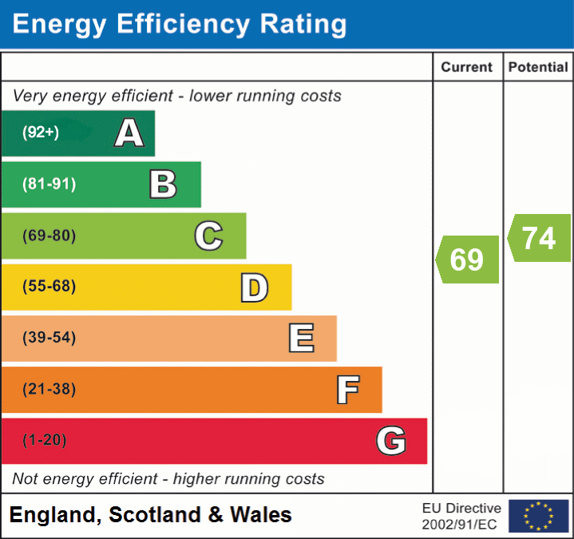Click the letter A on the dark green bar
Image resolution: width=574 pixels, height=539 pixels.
(x=129, y=133)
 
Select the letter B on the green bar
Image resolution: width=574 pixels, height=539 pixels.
(x=163, y=184)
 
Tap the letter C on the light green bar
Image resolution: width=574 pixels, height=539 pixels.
(x=208, y=236)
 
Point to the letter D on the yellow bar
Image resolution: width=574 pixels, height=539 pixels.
(x=254, y=287)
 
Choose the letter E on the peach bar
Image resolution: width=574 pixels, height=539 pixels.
(x=301, y=339)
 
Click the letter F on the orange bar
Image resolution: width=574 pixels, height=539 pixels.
(x=347, y=390)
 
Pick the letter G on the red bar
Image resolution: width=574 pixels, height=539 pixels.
(x=391, y=441)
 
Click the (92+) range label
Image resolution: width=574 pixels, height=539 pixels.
(x=41, y=133)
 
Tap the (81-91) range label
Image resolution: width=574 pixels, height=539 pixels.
(x=49, y=184)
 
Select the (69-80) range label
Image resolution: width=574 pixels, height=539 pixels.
(x=49, y=236)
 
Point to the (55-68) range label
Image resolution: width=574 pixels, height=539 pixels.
(x=49, y=287)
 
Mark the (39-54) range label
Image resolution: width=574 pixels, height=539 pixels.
(x=49, y=338)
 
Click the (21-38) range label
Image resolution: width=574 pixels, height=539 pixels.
(x=49, y=389)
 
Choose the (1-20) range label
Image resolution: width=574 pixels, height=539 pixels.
(x=45, y=440)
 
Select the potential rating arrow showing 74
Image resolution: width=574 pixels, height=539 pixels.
(x=539, y=238)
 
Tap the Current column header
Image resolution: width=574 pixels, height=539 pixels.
(x=467, y=68)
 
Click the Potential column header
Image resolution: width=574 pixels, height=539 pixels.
(x=538, y=68)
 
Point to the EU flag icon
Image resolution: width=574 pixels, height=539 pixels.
(x=538, y=516)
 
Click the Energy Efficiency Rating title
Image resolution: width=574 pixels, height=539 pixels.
(x=180, y=25)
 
